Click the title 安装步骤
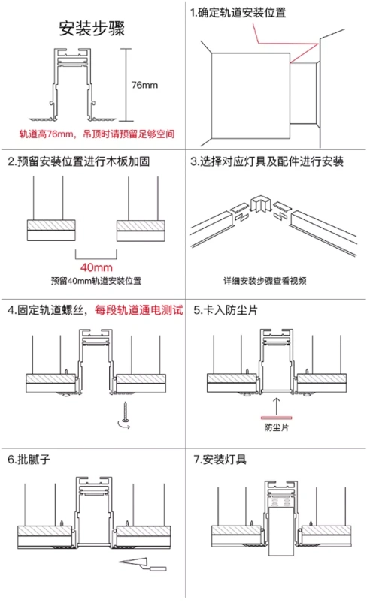click(91, 29)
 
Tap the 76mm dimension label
click(144, 84)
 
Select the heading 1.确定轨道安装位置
click(237, 13)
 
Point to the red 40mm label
click(96, 267)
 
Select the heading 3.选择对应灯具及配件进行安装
click(267, 161)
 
